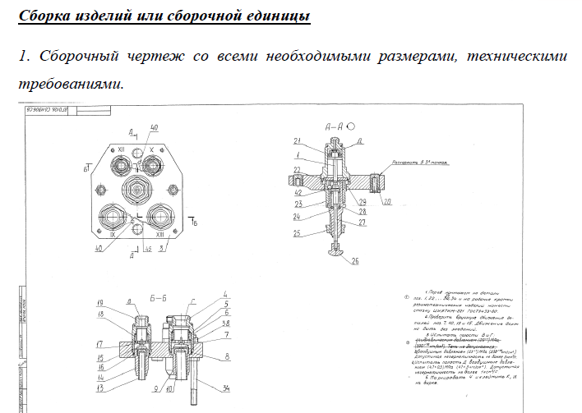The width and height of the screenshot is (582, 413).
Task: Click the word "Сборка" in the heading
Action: (46, 16)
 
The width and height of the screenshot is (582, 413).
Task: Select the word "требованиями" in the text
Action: (70, 83)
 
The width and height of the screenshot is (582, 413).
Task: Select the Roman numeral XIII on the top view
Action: (159, 235)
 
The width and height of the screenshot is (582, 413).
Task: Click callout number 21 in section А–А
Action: (298, 140)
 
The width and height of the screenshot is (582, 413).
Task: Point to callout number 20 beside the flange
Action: (386, 200)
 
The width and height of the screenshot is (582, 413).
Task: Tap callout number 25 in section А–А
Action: (297, 233)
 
